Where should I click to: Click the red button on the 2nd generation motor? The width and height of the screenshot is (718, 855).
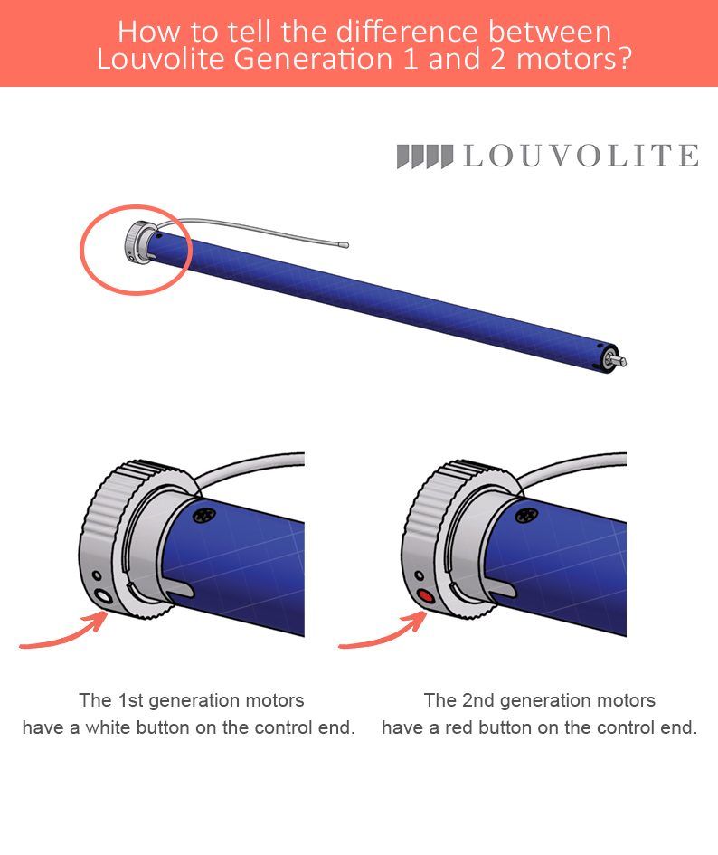coord(425,596)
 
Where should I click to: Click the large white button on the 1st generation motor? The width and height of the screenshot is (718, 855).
coord(102,596)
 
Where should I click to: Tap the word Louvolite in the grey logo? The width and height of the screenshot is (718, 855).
coord(581,156)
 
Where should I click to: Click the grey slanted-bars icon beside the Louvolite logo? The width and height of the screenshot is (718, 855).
coord(425,157)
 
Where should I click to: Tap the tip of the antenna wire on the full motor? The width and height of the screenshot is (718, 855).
coord(344,245)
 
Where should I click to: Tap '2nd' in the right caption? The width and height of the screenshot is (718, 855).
coord(478,700)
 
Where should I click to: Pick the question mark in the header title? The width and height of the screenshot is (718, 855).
coord(625,59)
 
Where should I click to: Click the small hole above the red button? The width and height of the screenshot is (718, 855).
coord(419,575)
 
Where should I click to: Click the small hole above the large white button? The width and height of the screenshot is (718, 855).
coord(97,575)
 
